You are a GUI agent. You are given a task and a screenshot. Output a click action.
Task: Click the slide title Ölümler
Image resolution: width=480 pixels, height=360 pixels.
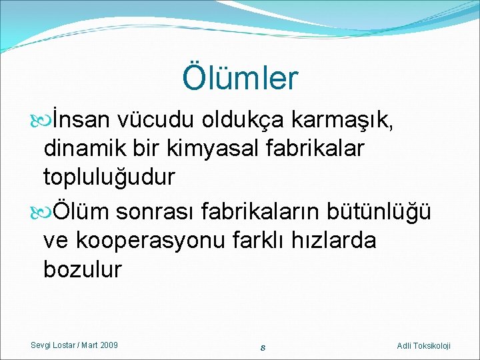point(240,77)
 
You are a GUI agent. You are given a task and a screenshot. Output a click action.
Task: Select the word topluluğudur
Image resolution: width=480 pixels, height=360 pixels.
point(109,177)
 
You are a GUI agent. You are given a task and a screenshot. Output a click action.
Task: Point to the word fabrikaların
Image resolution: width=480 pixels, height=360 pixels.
point(266,212)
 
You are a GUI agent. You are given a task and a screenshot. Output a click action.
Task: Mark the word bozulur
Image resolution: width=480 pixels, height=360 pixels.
point(83,269)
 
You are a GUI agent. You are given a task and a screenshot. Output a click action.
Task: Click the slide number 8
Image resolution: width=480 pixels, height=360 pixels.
point(264,346)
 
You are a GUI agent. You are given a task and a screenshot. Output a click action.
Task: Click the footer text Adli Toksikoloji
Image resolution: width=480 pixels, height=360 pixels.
point(423,345)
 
